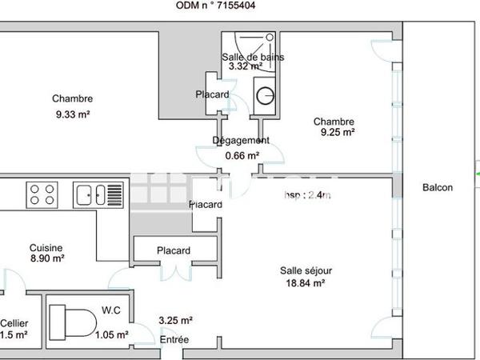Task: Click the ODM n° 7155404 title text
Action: [228, 6]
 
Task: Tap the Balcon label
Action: [438, 188]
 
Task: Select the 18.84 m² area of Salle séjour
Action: [302, 282]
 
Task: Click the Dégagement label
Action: [241, 140]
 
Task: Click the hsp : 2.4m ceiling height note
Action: [307, 194]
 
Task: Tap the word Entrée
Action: [174, 340]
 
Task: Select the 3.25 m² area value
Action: [176, 320]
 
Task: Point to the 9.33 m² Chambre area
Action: [72, 114]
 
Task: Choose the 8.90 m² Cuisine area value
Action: [46, 258]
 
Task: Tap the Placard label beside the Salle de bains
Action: [212, 94]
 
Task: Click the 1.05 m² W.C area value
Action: [111, 335]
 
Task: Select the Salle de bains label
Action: [252, 57]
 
